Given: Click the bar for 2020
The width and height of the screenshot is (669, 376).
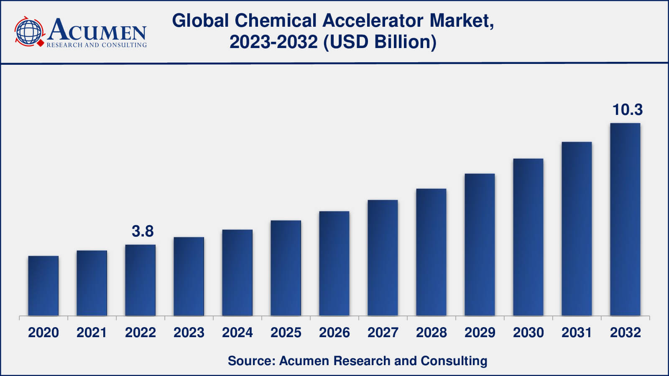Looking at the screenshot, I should (43, 286).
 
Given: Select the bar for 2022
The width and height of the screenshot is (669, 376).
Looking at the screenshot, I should (140, 280).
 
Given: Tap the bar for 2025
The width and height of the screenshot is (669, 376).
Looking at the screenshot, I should (286, 268).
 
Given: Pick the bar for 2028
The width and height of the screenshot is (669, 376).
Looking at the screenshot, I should (431, 252).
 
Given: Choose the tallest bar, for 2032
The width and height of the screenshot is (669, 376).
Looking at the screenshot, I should (625, 219).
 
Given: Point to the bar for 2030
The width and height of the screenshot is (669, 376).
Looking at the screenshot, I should (528, 237).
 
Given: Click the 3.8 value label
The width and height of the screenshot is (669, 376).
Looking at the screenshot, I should (143, 231).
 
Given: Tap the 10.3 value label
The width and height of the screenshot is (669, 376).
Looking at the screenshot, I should (627, 109).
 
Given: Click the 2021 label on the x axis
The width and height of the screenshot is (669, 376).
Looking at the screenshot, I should (92, 333).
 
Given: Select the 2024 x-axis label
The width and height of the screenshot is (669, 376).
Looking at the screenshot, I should (237, 333).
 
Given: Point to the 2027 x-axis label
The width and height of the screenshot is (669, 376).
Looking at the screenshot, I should (383, 333).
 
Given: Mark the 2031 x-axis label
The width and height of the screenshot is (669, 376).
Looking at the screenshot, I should (577, 333).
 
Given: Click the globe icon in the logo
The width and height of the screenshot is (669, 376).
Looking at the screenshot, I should (29, 31).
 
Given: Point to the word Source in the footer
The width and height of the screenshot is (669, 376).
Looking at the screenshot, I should (250, 361).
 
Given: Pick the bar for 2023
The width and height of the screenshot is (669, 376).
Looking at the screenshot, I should (189, 276).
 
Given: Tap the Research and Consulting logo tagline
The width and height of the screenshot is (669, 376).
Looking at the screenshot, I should (97, 45).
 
